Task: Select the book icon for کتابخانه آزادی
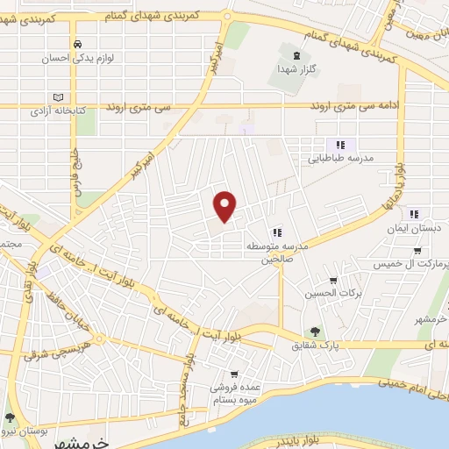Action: point(58,96)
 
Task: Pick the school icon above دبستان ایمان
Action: point(415,212)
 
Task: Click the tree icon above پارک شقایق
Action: point(314,331)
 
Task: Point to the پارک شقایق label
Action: point(314,346)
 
